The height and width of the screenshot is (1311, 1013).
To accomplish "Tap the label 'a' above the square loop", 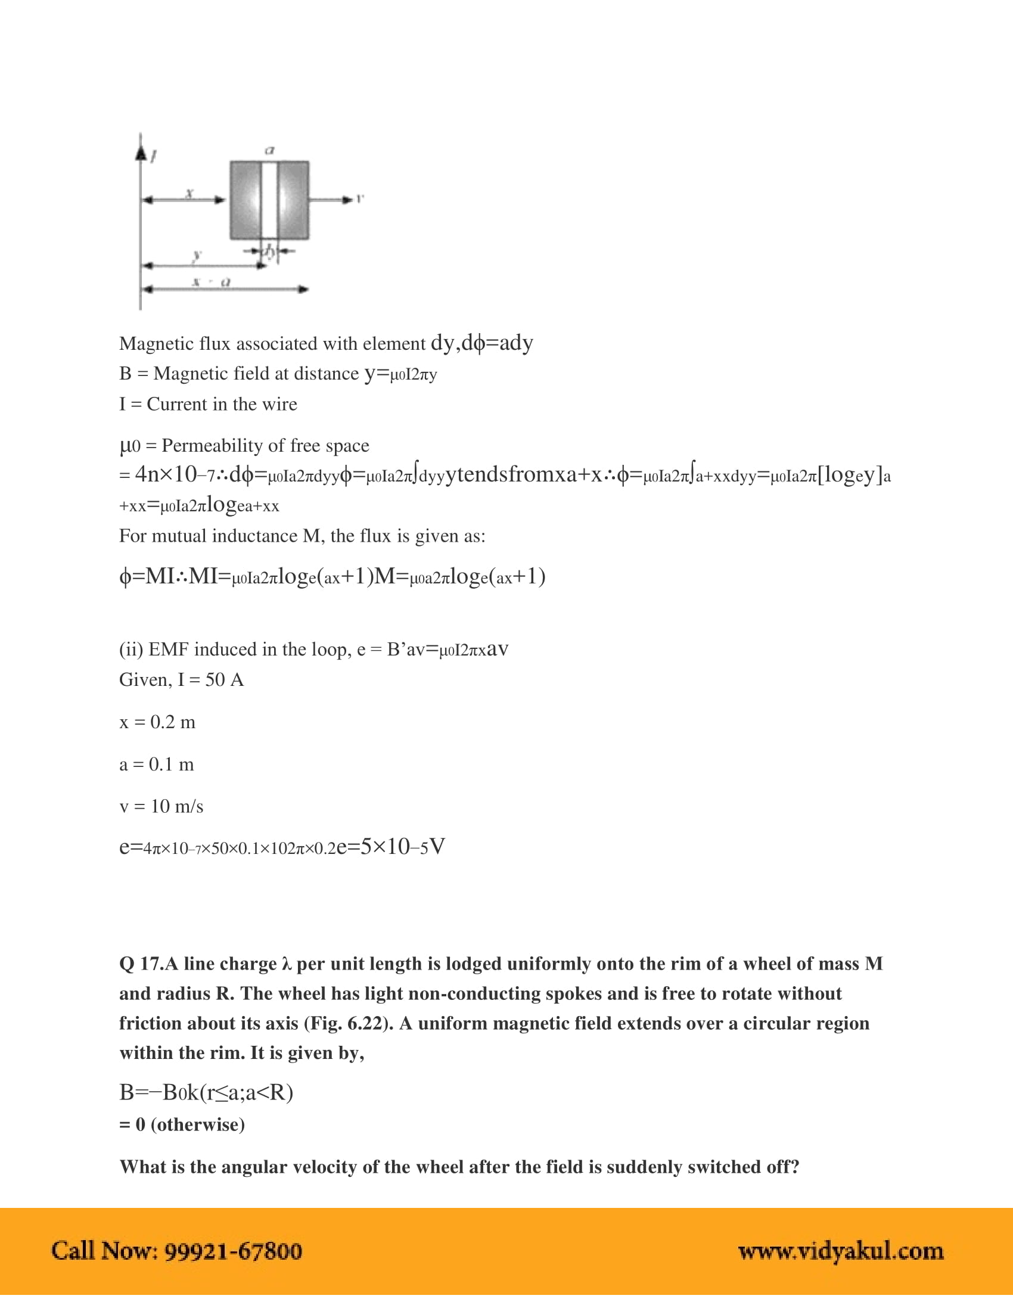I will [270, 150].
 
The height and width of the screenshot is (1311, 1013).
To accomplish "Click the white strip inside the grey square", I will [269, 200].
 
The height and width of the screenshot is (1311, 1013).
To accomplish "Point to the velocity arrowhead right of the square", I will [347, 199].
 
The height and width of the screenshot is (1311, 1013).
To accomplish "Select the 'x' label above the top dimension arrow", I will [189, 192].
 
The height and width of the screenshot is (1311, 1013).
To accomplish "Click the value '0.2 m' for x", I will [173, 722].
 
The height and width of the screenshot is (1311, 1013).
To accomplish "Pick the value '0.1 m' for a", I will [172, 764].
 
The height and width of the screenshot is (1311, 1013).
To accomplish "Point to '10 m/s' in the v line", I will [177, 806].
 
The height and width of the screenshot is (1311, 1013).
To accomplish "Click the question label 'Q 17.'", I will [141, 964].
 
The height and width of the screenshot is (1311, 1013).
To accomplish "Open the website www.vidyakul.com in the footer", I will [840, 1251].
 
